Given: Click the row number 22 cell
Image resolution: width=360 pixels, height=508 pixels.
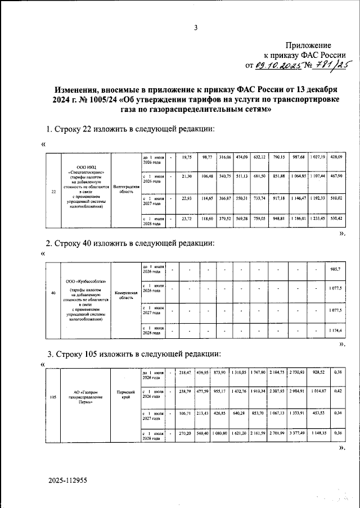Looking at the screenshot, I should tap(53, 192).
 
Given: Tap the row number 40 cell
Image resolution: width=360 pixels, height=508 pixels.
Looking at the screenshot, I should tap(53, 293).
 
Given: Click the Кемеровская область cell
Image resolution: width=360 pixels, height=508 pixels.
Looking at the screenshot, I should tap(125, 296).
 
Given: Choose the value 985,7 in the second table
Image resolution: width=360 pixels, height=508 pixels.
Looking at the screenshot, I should tap(336, 270).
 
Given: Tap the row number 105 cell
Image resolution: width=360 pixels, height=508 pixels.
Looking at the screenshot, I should tap(52, 397).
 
